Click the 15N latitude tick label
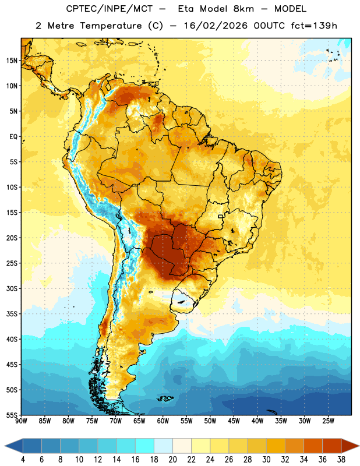coord(12,61)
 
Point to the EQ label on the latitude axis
coord(13,137)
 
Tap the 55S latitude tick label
coord(12,415)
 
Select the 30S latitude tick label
coord(12,288)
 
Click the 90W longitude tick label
coord(21,421)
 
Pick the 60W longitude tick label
coord(163,421)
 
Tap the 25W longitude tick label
coord(328,421)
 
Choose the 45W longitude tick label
coord(234,421)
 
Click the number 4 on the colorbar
coord(23,460)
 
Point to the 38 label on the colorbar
coord(341,460)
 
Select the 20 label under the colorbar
coord(172,460)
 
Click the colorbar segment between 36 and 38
coord(332,446)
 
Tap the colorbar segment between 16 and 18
coord(145,446)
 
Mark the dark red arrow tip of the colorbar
coord(359,446)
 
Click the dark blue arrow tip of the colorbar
coord(5,446)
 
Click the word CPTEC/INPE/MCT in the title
coord(110,9)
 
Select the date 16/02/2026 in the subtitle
coord(216,26)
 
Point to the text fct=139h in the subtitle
coord(314,26)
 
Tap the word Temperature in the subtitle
coord(111,26)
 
